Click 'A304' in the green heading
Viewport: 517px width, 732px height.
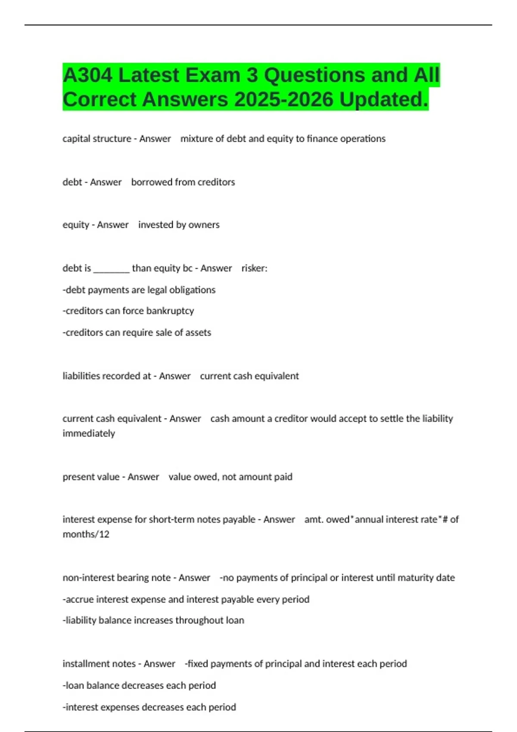87,75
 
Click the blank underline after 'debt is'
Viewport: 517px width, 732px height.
111,269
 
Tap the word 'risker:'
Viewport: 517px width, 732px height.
254,268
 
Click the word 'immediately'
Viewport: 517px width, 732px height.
89,433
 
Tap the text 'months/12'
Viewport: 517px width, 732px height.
86,534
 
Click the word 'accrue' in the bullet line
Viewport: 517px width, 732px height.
80,599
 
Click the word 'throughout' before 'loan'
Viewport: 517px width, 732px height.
199,620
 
